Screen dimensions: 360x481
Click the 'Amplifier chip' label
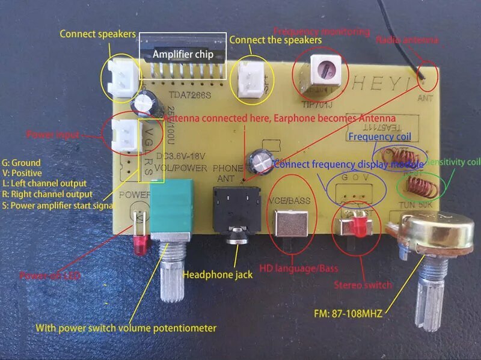click(x=182, y=54)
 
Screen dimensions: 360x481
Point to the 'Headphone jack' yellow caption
click(x=217, y=275)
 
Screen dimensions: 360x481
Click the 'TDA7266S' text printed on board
click(x=188, y=95)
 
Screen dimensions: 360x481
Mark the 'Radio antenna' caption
click(x=407, y=40)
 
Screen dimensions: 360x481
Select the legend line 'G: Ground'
click(x=22, y=163)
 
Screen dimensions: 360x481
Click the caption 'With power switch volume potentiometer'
click(x=126, y=328)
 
